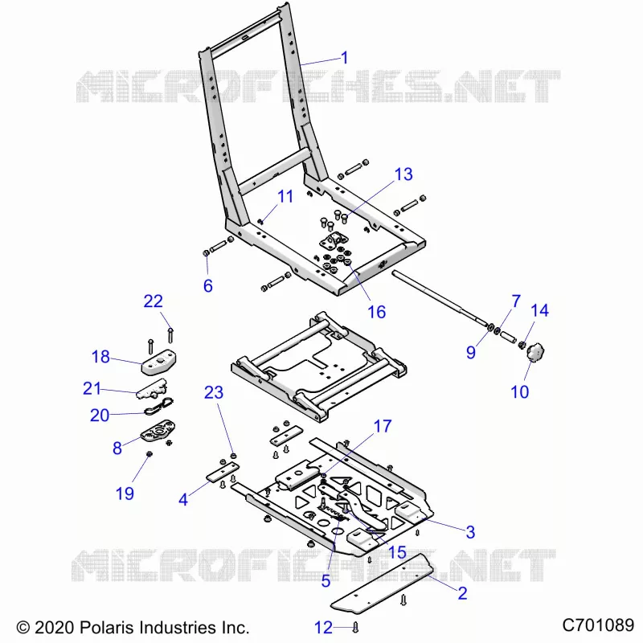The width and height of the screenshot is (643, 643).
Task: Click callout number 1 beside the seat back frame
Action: point(345,58)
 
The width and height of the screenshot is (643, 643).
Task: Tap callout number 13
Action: point(403,174)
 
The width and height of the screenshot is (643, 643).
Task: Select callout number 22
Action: point(153,301)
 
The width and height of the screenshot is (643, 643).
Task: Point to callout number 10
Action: point(519,392)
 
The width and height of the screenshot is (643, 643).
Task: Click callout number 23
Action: point(214,393)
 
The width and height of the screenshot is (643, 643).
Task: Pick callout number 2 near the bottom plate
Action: point(463,593)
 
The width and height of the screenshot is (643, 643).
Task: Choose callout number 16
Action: point(376,312)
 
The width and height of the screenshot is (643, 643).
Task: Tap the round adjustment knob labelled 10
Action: point(535,354)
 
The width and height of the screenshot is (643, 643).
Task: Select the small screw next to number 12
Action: point(355,627)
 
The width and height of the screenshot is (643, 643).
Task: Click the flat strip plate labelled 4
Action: point(222,472)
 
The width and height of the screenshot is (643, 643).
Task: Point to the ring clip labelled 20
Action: point(158,406)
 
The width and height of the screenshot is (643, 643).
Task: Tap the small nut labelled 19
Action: point(149,454)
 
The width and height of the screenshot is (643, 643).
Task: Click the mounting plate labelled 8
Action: point(158,431)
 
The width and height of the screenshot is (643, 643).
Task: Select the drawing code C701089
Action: point(598,625)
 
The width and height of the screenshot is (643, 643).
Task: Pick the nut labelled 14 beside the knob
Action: point(522,345)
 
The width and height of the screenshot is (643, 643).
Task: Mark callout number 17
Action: point(383,427)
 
